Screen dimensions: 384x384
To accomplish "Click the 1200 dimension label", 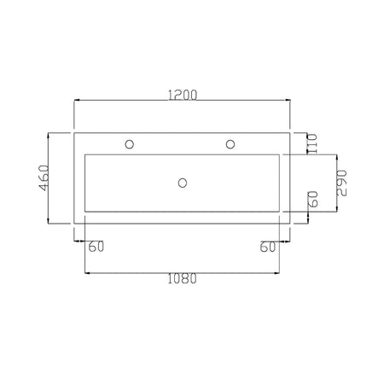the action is pyautogui.click(x=183, y=95).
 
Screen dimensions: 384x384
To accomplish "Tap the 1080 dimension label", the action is pyautogui.click(x=182, y=278).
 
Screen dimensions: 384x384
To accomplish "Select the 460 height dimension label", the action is pyautogui.click(x=44, y=177).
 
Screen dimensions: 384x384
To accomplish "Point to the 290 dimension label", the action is pyautogui.click(x=341, y=183).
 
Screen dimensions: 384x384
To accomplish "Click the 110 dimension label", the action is pyautogui.click(x=312, y=144).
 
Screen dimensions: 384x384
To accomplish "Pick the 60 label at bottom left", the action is pyautogui.click(x=96, y=247).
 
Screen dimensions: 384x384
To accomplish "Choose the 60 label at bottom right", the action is pyautogui.click(x=268, y=247).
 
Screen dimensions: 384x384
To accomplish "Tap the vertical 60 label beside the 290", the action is pyautogui.click(x=313, y=199).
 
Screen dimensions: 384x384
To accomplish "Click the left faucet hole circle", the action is pyautogui.click(x=130, y=144).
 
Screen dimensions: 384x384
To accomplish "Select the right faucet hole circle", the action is pyautogui.click(x=230, y=144).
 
